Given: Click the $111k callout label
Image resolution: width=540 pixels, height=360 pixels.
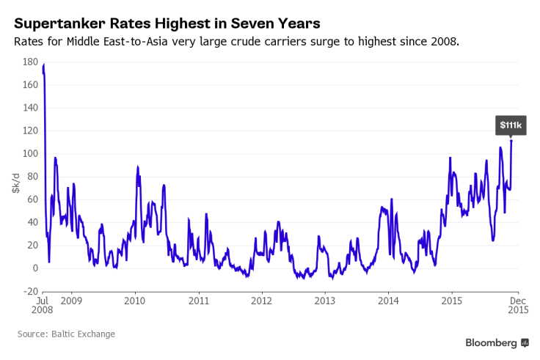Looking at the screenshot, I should (x=510, y=125).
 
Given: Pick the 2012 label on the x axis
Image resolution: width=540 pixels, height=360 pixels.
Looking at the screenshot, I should (x=261, y=301).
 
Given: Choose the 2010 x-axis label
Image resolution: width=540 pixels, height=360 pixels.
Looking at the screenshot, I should (x=134, y=301).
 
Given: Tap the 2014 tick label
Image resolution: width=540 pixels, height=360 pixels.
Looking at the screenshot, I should (x=388, y=301).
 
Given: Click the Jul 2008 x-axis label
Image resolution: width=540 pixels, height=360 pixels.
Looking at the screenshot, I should (x=42, y=306).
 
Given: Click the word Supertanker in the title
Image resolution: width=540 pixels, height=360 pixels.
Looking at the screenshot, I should (x=62, y=22).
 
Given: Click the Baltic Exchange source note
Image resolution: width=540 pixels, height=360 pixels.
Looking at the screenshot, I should (x=66, y=334).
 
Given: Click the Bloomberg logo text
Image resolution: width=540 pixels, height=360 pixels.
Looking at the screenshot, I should (x=491, y=342).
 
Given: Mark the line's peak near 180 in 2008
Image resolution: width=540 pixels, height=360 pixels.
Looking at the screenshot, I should (x=44, y=65).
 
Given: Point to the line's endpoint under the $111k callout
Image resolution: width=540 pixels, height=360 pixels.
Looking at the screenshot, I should (x=511, y=141).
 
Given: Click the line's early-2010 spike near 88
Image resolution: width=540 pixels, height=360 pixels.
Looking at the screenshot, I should (x=137, y=167).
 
